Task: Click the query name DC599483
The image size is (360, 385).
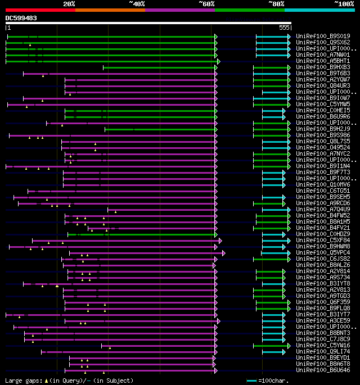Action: point(21,18)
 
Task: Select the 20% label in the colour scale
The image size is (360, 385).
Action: point(69,4)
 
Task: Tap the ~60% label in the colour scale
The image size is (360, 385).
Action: point(206,4)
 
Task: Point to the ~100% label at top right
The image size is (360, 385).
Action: point(344,4)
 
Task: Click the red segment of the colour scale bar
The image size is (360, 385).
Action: point(40,10)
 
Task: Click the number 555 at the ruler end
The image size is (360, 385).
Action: point(284,28)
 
